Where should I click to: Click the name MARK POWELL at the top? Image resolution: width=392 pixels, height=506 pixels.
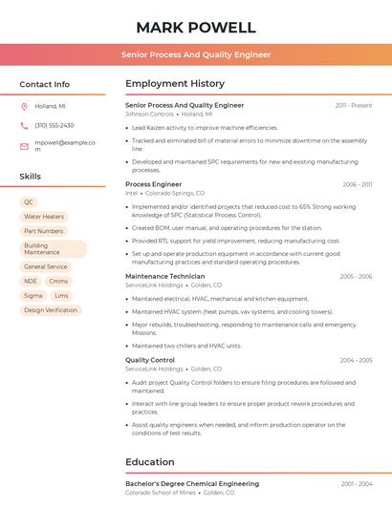[196, 27]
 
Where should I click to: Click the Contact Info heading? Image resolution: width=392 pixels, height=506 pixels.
[45, 84]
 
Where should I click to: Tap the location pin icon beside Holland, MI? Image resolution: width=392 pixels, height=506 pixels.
[24, 107]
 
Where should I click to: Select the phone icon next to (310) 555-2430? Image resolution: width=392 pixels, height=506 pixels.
[24, 126]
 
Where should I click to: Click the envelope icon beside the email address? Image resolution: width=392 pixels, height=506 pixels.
[24, 146]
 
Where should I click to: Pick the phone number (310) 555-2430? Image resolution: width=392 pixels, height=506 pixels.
[54, 126]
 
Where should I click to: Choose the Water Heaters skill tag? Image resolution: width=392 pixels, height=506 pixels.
[44, 217]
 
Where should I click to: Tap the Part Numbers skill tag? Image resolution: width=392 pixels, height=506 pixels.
[44, 231]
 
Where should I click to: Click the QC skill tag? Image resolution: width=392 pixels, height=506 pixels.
[29, 202]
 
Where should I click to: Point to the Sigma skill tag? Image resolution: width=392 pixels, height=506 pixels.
[33, 296]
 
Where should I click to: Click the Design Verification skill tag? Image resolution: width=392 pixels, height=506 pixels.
[51, 310]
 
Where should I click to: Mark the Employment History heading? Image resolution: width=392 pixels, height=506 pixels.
[174, 84]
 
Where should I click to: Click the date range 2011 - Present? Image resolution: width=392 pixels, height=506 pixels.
[354, 105]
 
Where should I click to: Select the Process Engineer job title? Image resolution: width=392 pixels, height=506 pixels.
[153, 183]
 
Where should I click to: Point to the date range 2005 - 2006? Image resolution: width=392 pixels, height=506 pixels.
[356, 276]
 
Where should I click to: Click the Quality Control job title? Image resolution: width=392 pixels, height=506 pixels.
[150, 360]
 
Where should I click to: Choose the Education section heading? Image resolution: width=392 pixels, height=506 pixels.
[150, 462]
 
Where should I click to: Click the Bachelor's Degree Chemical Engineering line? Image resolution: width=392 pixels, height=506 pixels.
[192, 484]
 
